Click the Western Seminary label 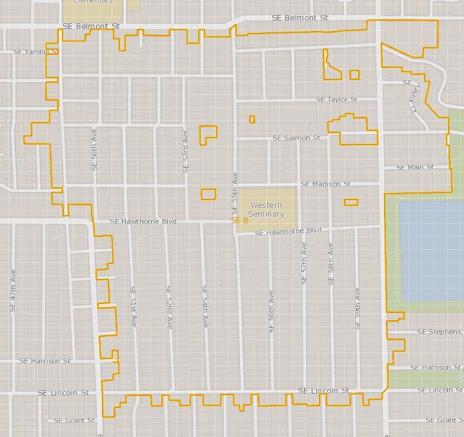click(266, 209)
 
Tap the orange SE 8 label click(240, 221)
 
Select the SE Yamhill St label click(36, 51)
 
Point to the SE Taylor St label click(337, 99)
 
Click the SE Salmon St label click(296, 138)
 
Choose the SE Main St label click(414, 167)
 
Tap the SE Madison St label click(325, 184)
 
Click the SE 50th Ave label click(94, 152)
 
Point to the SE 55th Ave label click(235, 192)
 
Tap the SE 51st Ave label click(133, 307)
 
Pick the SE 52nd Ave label click(169, 307)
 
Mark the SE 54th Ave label click(205, 307)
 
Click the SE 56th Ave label click(272, 311)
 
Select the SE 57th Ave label click(304, 263)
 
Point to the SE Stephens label click(439, 332)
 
